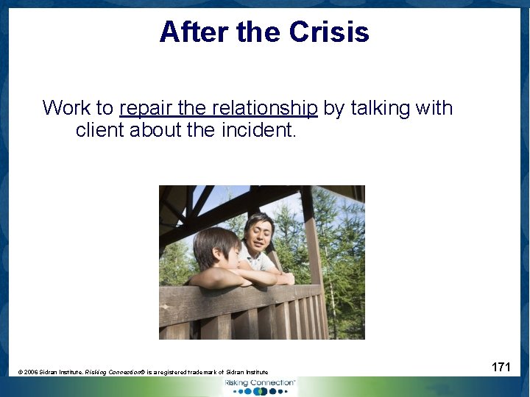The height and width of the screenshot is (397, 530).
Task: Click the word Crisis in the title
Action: point(329,32)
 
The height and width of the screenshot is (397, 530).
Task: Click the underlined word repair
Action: point(146,109)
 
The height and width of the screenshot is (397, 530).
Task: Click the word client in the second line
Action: point(100,131)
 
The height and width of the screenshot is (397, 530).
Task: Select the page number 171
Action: point(501,367)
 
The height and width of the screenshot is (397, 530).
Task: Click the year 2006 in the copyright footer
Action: point(32,373)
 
